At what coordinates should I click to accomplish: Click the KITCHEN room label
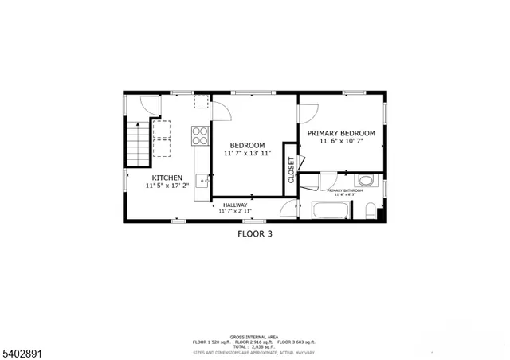[167, 178]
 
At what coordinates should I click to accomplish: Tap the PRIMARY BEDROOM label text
[347, 133]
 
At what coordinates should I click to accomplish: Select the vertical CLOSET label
[291, 170]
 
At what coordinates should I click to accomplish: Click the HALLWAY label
[235, 205]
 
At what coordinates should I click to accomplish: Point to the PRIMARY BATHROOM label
[345, 190]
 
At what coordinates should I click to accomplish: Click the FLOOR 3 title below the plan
[255, 234]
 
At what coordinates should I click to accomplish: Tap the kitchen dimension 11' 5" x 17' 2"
[167, 186]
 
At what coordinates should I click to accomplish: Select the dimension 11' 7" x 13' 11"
[247, 153]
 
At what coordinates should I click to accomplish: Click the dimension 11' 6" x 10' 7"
[347, 142]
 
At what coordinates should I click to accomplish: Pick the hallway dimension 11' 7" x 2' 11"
[235, 212]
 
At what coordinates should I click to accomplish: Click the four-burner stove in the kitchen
[200, 135]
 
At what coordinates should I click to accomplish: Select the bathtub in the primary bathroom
[330, 212]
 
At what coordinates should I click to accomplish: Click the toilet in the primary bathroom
[370, 212]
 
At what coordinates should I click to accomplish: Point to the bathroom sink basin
[365, 180]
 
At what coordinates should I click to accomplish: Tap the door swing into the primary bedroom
[308, 114]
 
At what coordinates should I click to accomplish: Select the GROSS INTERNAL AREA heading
[254, 337]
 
